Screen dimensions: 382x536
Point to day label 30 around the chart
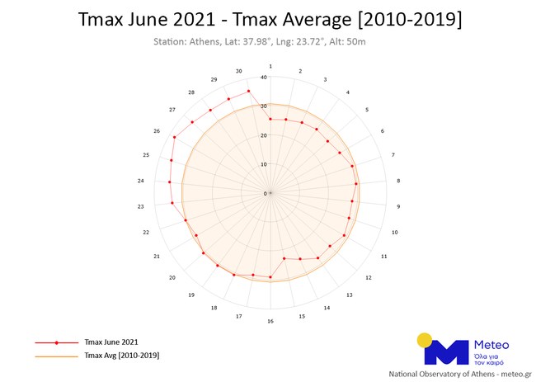238,70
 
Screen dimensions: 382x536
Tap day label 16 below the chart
270,321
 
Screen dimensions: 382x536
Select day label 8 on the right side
398,181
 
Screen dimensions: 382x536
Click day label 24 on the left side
141,181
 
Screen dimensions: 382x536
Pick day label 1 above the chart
270,66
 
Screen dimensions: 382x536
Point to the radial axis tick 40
263,78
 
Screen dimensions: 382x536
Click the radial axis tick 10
264,164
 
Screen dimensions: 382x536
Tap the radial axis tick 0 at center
265,194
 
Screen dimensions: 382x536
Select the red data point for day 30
248,91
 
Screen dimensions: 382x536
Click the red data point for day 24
169,182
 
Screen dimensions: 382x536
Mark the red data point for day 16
270,277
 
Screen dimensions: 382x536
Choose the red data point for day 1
270,119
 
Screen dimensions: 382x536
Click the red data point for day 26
174,137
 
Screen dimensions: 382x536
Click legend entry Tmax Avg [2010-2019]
121,355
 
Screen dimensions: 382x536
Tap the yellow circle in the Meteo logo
426,339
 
